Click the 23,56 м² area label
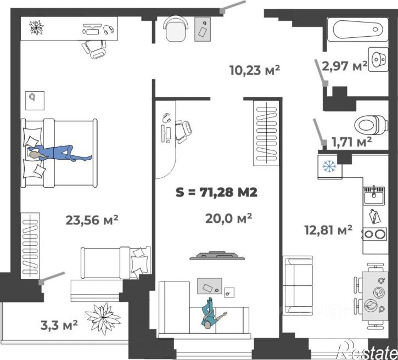[x=92, y=220]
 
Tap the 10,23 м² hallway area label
[x=255, y=70]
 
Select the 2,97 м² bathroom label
[x=344, y=66]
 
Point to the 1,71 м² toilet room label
[x=351, y=142]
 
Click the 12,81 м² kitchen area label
[x=328, y=230]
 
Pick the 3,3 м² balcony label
[x=59, y=325]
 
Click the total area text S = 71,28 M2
[x=216, y=192]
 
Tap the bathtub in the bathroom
[x=357, y=30]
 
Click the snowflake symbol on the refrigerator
[x=329, y=166]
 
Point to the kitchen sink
[x=374, y=195]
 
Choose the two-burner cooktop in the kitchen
[x=374, y=234]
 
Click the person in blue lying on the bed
[x=60, y=153]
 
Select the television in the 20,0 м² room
[x=217, y=256]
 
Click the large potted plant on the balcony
[x=103, y=318]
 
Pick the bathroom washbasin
[x=378, y=59]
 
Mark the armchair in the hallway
[x=176, y=29]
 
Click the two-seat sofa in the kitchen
[x=298, y=285]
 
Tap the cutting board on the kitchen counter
[x=374, y=216]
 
